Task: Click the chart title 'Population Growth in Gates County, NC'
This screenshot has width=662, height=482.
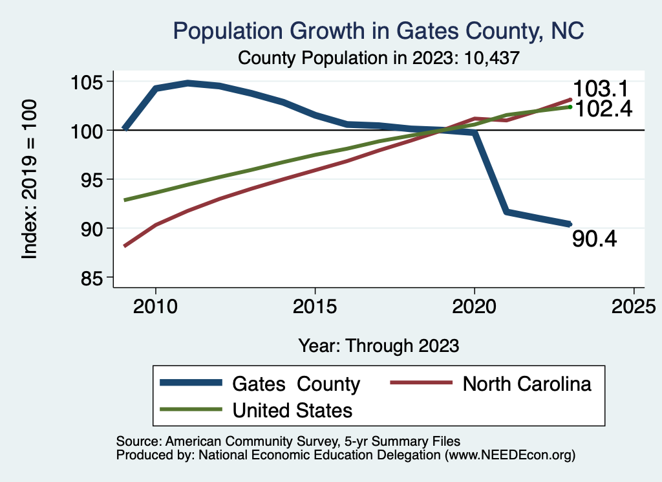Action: point(378,30)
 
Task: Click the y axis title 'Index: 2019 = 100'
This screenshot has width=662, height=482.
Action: point(29,179)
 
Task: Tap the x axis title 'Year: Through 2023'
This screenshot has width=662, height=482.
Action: point(379,345)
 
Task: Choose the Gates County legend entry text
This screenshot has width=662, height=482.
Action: point(296,384)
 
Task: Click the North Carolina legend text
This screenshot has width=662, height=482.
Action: point(527,384)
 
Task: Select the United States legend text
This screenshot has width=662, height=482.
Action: point(292,410)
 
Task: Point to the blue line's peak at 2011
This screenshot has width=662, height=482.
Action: point(187,83)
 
